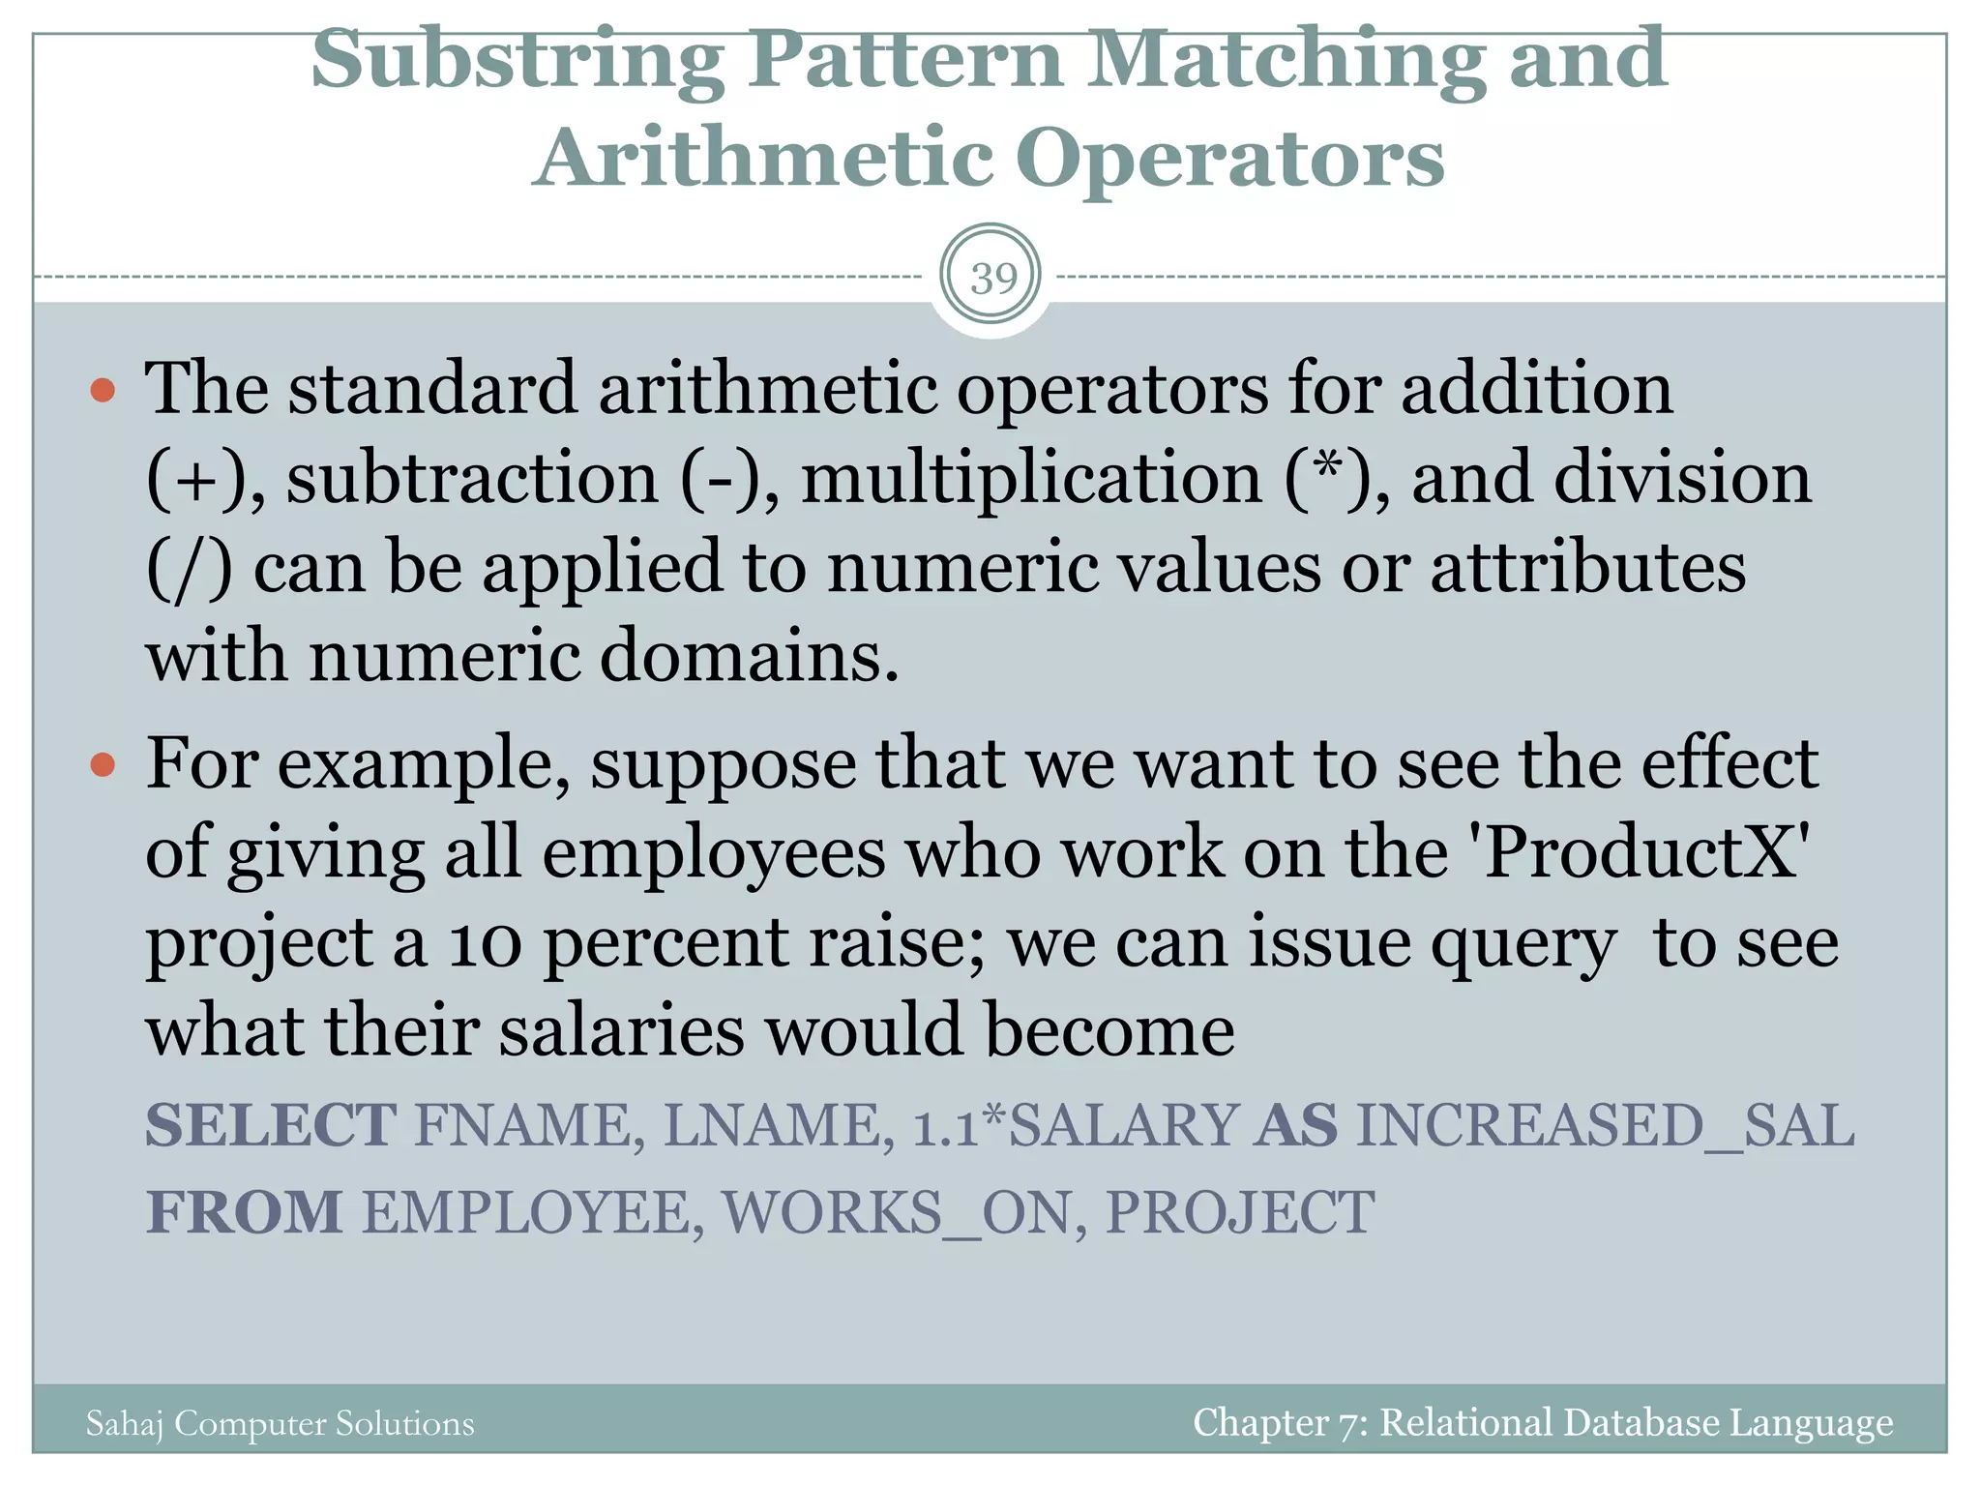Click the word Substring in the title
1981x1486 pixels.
pos(517,60)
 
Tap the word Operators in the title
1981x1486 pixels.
pos(1229,159)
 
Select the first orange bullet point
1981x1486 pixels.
pos(103,391)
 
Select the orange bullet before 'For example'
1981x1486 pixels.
pos(103,766)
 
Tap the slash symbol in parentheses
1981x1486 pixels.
pos(190,569)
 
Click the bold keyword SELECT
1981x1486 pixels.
pos(271,1125)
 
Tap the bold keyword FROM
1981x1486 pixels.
pos(244,1212)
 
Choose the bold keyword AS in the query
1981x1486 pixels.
pos(1296,1125)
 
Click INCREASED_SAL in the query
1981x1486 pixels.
pos(1605,1125)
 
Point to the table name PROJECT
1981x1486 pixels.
pos(1239,1212)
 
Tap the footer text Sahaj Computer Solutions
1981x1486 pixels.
pos(281,1423)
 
